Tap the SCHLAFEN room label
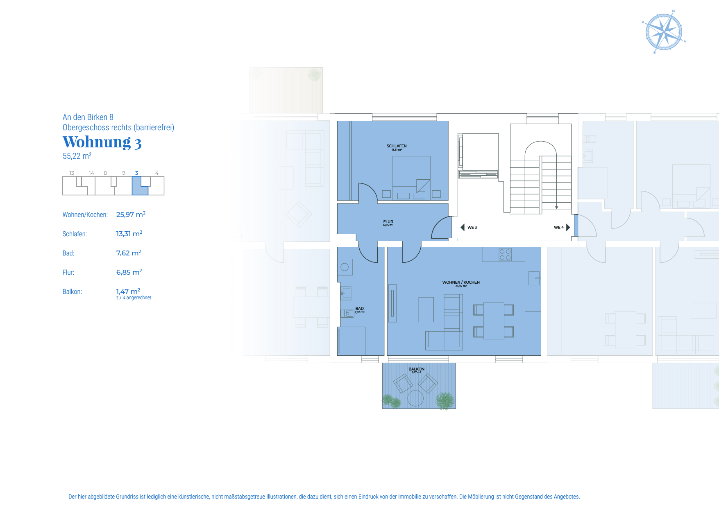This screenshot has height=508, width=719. tap(397, 146)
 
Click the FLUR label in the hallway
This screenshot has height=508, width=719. tap(388, 222)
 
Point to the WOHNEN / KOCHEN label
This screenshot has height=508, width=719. tap(461, 282)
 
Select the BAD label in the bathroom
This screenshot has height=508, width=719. tap(360, 309)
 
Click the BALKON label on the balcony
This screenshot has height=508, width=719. tap(416, 369)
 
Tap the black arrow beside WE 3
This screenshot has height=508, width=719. tap(463, 228)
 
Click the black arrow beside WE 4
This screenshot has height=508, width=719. tap(568, 228)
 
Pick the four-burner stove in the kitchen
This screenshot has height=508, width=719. tap(505, 255)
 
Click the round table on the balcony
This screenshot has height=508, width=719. tap(415, 398)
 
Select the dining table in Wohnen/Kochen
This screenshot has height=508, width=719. tap(494, 321)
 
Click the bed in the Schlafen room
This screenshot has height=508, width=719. tap(411, 174)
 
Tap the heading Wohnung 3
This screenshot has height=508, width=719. tap(102, 142)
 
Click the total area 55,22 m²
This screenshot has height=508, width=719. tap(77, 156)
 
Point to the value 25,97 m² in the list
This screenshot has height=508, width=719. tap(131, 214)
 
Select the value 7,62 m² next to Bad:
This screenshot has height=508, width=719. tap(129, 253)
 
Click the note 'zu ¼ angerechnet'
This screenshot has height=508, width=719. tap(134, 298)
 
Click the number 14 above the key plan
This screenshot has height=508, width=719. tap(91, 173)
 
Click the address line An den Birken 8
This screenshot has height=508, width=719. tap(88, 117)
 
